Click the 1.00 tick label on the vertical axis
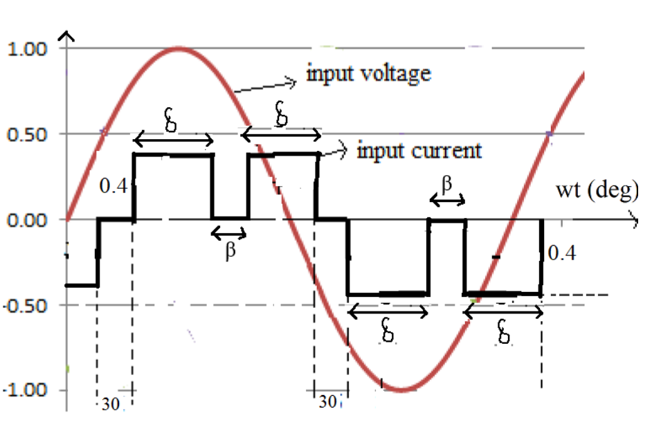27,49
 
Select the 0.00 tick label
27,219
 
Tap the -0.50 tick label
25,305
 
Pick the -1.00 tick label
25,390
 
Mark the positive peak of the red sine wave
179,48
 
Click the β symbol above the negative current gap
447,183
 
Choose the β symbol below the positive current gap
230,250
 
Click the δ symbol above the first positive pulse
170,121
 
